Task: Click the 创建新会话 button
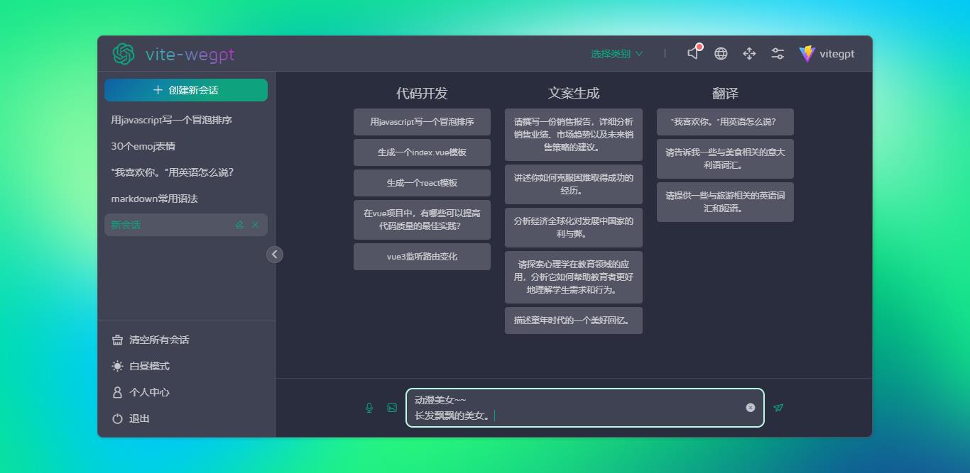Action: click(186, 90)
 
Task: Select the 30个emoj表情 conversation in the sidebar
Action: click(143, 146)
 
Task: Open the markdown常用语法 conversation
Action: click(155, 199)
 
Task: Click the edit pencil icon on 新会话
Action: click(239, 225)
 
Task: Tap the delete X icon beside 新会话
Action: click(256, 225)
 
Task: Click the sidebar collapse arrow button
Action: click(275, 255)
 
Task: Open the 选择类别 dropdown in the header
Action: click(616, 54)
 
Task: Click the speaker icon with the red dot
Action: click(694, 53)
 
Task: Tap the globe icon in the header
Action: click(721, 54)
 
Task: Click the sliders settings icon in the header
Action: click(778, 54)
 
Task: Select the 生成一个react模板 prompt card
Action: click(422, 183)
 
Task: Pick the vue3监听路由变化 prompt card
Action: click(422, 257)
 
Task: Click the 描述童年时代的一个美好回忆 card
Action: click(573, 321)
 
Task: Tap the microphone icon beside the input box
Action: click(369, 408)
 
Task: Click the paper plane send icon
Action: click(778, 408)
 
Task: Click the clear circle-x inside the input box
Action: click(751, 408)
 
